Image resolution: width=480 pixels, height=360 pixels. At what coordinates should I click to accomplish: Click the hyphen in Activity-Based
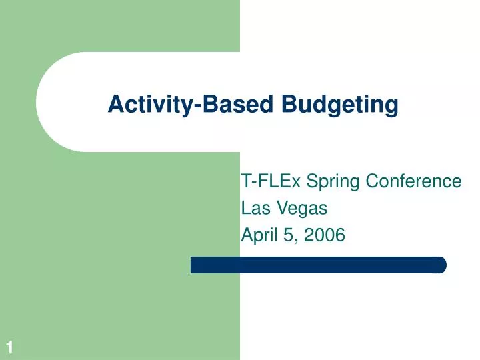tap(198, 106)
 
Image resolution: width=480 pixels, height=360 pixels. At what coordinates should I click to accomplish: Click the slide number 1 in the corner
tap(10, 346)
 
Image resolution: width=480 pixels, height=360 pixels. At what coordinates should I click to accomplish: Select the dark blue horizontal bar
tap(318, 265)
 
